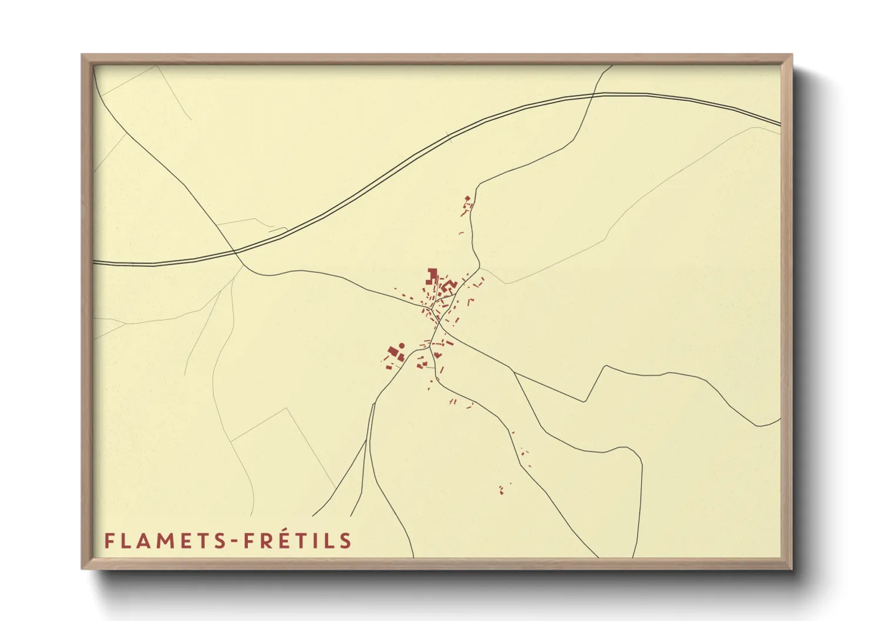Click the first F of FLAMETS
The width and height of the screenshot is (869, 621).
pos(109,541)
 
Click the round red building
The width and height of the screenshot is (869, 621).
pos(402,346)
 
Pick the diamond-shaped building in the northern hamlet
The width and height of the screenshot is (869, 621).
pos(467,198)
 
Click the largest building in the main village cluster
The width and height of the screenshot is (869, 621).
pos(432,274)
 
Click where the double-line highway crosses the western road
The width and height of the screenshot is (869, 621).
pos(235,252)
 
